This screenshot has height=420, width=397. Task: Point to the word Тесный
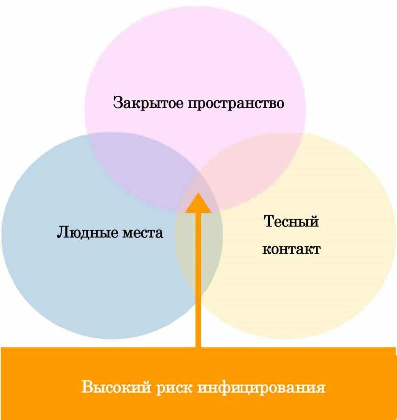click(x=291, y=221)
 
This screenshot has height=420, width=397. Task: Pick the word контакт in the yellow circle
click(x=291, y=249)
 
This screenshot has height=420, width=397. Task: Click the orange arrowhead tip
click(x=198, y=194)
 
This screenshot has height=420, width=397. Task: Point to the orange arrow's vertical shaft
click(x=198, y=280)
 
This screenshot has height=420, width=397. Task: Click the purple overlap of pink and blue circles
click(x=144, y=171)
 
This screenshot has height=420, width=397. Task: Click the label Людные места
click(x=110, y=233)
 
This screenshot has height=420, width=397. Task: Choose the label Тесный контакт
click(x=291, y=235)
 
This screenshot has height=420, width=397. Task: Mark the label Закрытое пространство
click(x=199, y=103)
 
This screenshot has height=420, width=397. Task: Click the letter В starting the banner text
click(x=87, y=388)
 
